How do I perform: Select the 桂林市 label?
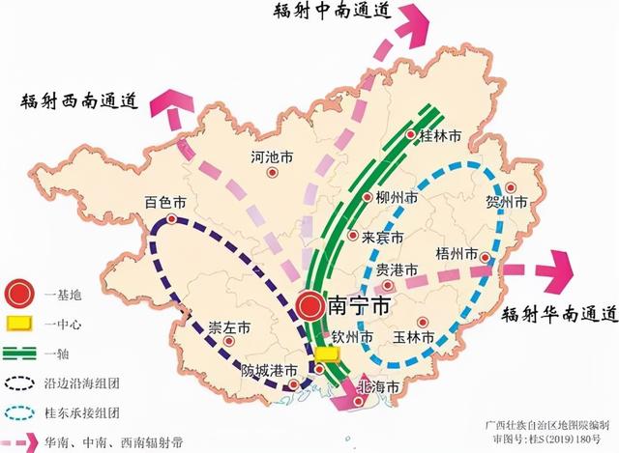[437, 138]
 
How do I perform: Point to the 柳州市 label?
[397, 198]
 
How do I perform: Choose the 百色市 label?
[164, 203]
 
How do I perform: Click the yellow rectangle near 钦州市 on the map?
[328, 354]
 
